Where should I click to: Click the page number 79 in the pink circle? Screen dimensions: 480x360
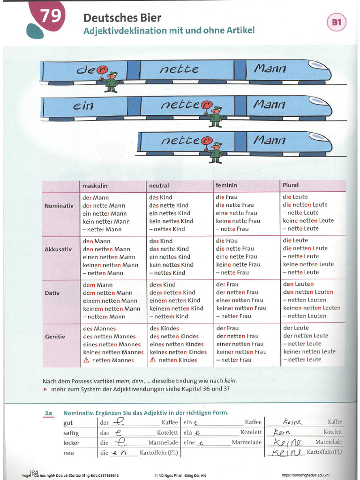(50, 17)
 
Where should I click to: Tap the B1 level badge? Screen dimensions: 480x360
(337, 22)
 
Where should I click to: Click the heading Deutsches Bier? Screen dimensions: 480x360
(122, 18)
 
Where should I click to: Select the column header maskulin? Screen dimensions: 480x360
(95, 186)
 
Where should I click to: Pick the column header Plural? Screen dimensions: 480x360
(291, 185)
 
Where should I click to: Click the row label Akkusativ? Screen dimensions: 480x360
(58, 249)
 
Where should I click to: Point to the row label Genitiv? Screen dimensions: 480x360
(55, 337)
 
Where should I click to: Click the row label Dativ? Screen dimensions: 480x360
(52, 293)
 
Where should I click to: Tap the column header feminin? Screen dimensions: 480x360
(226, 186)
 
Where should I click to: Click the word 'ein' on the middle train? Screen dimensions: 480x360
(83, 106)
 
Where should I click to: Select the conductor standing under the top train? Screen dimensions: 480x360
(111, 82)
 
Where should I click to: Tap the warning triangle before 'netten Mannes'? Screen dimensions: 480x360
(86, 360)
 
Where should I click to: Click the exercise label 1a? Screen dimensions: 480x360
(48, 413)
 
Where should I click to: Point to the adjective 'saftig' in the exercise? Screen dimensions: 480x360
(71, 433)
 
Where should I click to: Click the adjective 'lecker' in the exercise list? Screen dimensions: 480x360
(71, 442)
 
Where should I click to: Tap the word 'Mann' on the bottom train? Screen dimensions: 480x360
(269, 140)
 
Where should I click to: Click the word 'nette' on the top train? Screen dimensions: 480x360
(179, 69)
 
